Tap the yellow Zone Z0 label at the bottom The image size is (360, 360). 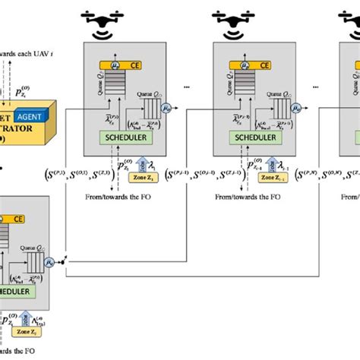pyautogui.click(x=28, y=333)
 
